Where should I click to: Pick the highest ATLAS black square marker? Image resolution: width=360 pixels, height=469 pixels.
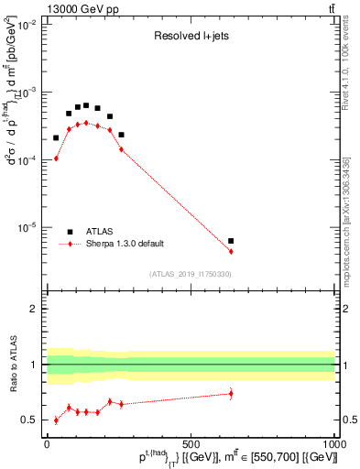point(86,105)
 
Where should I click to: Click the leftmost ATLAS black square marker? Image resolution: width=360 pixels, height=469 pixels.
point(56,138)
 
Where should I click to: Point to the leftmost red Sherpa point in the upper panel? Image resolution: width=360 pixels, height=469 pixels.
point(56,158)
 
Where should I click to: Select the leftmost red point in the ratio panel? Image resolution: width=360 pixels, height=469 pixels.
point(56,420)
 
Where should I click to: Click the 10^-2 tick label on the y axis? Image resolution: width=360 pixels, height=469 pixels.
point(28,26)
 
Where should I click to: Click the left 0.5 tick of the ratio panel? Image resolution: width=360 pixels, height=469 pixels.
point(33,420)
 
